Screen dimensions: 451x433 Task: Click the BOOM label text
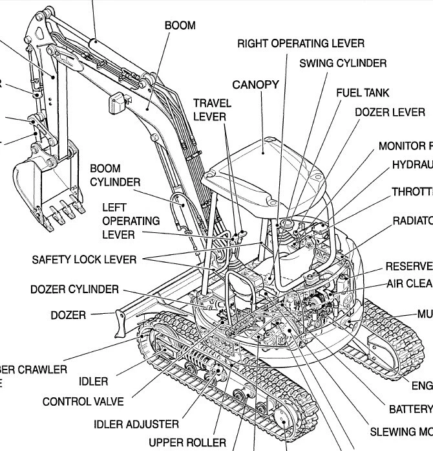pyautogui.click(x=180, y=26)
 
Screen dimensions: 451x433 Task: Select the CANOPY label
pyautogui.click(x=255, y=85)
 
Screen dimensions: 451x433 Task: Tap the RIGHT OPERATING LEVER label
pyautogui.click(x=301, y=43)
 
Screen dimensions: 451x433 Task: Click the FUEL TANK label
pyautogui.click(x=363, y=93)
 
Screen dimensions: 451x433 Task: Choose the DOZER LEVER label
pyautogui.click(x=390, y=112)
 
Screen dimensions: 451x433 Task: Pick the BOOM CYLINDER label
pyautogui.click(x=114, y=175)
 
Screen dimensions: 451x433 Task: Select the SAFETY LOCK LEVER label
pyautogui.click(x=84, y=259)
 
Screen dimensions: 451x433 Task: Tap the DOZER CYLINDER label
pyautogui.click(x=74, y=289)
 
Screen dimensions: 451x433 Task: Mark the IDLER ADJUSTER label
pyautogui.click(x=136, y=424)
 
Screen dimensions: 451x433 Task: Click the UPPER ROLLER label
pyautogui.click(x=187, y=443)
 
